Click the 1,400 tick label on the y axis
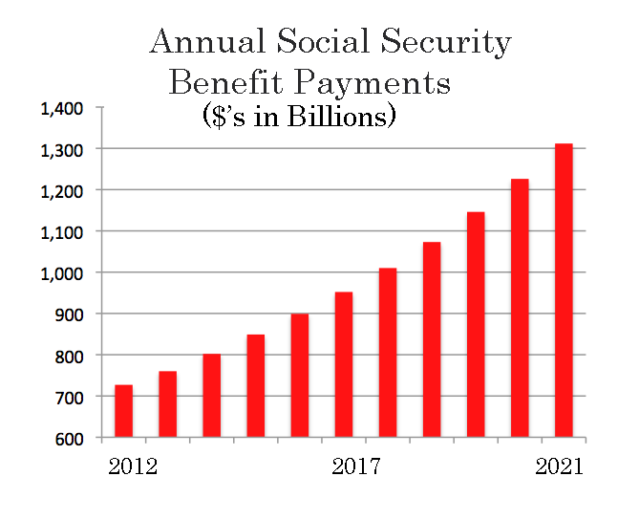point(62,109)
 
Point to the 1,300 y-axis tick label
point(62,150)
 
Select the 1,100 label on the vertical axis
point(62,232)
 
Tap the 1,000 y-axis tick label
point(62,273)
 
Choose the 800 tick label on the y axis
point(68,356)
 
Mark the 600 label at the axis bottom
point(68,438)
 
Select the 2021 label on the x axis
point(559,467)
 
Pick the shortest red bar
point(123,411)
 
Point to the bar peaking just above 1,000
point(387,353)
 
